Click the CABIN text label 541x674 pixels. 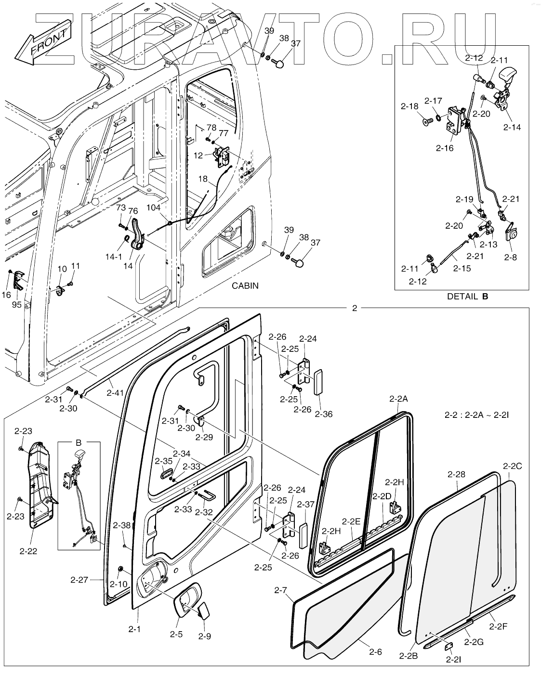point(245,285)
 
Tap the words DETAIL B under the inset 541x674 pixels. point(467,296)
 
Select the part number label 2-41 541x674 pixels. point(116,392)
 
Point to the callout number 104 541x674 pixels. point(154,207)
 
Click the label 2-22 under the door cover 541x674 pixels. point(28,551)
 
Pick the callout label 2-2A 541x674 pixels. point(398,399)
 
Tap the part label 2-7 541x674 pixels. point(280,590)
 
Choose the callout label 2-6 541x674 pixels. point(375,652)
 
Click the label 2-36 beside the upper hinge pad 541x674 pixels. point(324,414)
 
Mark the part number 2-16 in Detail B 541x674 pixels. point(445,148)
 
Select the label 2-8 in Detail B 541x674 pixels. point(511,257)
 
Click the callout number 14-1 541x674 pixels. point(114,257)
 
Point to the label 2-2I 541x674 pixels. point(453,660)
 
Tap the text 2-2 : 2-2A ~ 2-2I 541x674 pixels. point(476,415)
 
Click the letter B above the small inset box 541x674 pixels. point(79,442)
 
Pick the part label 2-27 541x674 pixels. point(79,580)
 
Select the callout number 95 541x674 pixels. point(16,304)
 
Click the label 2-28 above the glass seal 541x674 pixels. point(456,474)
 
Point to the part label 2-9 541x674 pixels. point(205,636)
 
